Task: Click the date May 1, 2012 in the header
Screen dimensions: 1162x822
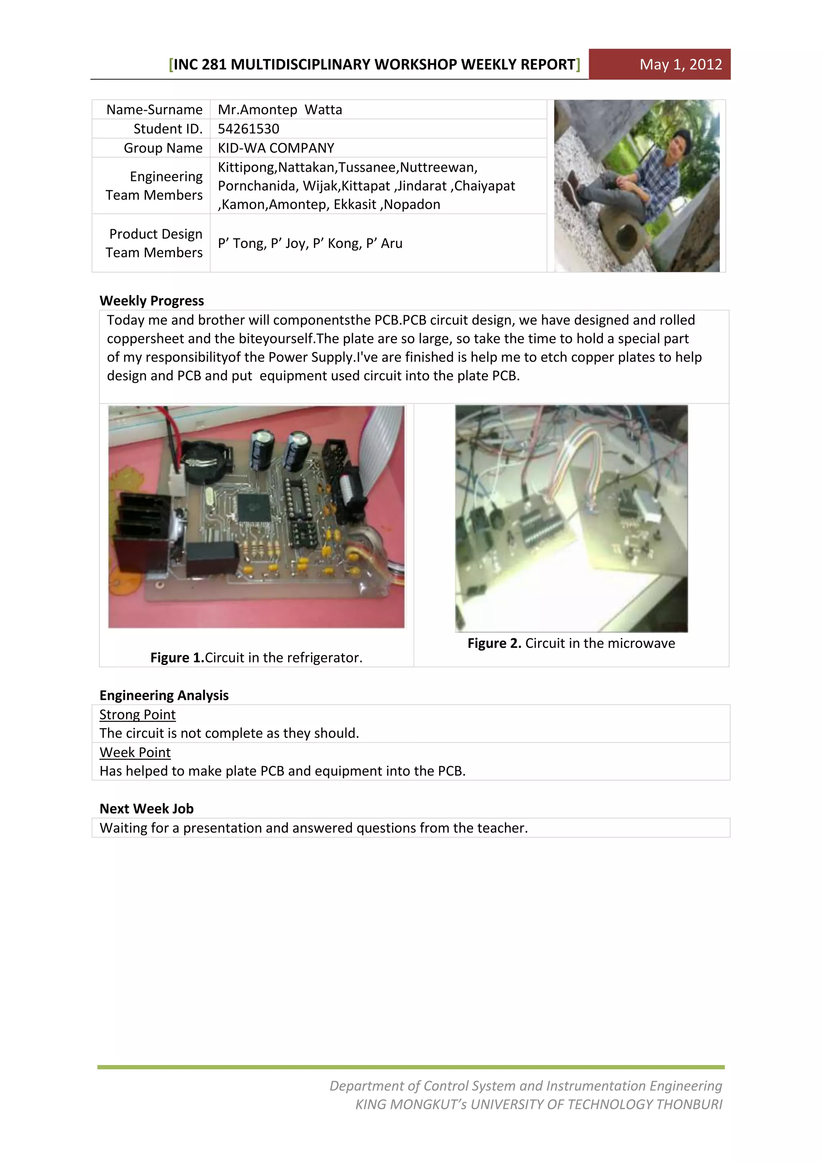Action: coord(680,64)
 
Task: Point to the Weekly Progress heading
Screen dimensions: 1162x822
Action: coord(152,301)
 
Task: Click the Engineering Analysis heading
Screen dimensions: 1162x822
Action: coord(164,695)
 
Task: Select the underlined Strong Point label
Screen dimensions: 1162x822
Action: coord(137,715)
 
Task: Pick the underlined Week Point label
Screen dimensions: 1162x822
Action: coord(135,753)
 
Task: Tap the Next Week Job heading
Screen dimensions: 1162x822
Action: coord(146,809)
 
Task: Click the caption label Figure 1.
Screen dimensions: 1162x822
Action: coord(177,657)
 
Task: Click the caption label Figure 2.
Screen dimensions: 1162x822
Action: coord(494,643)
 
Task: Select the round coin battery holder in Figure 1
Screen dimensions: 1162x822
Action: coord(205,458)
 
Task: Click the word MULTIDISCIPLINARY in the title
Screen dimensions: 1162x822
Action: coord(301,64)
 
